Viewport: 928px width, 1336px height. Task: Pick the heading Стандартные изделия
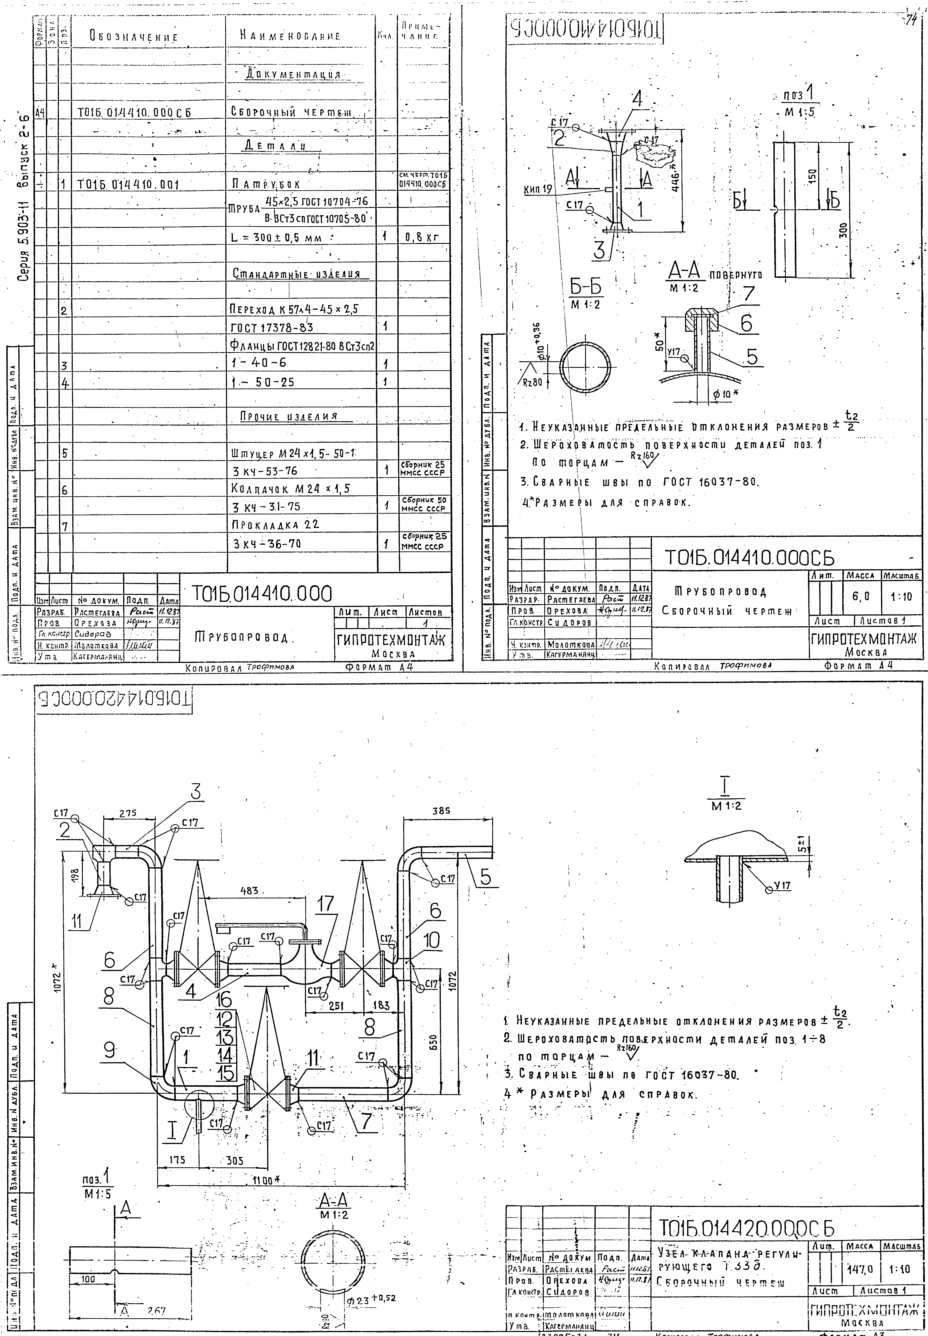tap(296, 274)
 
